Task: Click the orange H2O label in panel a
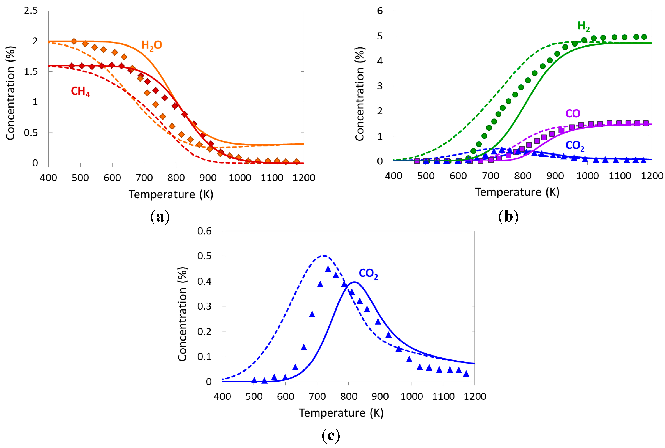[x=152, y=45]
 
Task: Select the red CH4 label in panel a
[x=80, y=91]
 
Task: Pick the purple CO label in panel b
[x=572, y=114]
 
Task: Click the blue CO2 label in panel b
[x=574, y=146]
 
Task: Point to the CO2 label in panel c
[x=368, y=274]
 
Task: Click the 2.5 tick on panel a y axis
[x=31, y=11]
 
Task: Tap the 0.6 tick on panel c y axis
[x=204, y=231]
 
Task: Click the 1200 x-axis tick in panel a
[x=303, y=178]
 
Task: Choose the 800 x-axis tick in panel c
[x=349, y=397]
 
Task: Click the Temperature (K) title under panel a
[x=171, y=195]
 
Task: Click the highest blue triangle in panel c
[x=328, y=269]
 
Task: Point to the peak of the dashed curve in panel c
[x=323, y=256]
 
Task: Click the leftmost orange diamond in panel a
[x=74, y=41]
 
